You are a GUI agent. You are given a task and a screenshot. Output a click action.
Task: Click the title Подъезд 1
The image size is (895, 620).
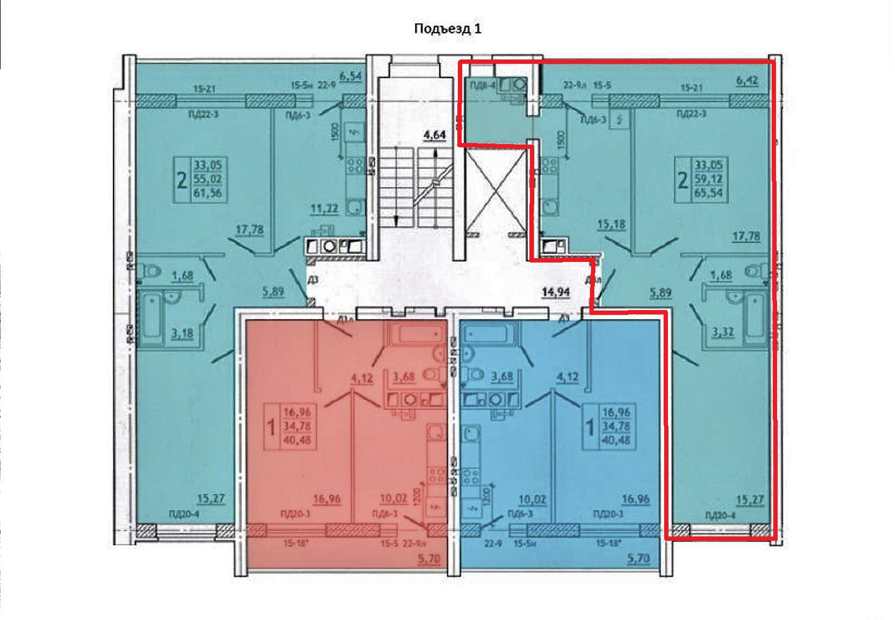pos(448,28)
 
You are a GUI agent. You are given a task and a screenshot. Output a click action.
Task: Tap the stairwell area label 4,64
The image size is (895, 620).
pos(434,134)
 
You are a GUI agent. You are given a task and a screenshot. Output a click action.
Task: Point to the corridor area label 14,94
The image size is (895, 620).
pos(556,293)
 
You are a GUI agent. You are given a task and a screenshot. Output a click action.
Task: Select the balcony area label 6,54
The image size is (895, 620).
pos(350,76)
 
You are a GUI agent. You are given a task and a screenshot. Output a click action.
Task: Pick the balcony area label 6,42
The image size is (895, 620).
pos(748,81)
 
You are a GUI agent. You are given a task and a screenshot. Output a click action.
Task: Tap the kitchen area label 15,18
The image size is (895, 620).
pos(611,224)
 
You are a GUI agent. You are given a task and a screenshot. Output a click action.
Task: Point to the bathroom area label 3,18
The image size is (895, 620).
pos(182,333)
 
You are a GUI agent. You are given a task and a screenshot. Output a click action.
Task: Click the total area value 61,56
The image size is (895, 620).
pos(207,193)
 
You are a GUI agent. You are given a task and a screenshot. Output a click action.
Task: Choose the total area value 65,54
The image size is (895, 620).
pos(708,193)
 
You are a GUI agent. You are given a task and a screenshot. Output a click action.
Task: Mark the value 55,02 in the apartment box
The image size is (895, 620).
pos(207,178)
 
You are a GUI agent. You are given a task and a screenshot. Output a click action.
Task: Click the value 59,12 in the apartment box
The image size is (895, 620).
pos(708,178)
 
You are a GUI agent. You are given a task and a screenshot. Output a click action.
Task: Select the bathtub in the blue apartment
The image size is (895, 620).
pos(489,333)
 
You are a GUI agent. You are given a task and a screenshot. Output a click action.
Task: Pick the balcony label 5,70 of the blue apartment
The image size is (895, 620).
pos(638,558)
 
